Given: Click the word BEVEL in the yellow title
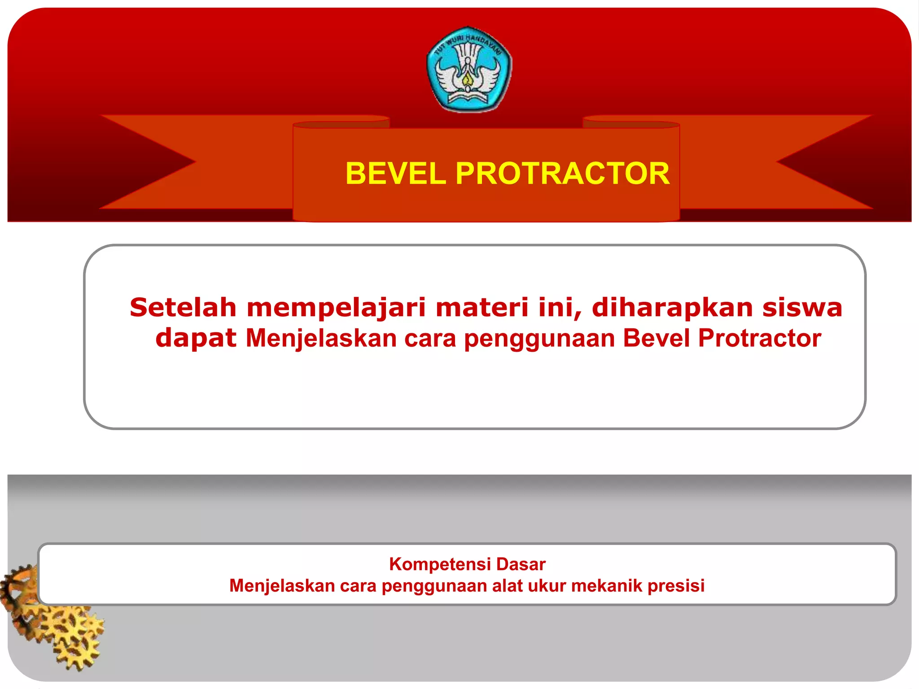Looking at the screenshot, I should click(395, 174).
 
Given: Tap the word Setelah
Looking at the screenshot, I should click(183, 308).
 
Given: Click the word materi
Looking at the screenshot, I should click(482, 308).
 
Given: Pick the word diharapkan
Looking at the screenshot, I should click(672, 309).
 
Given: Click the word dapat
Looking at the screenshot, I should click(196, 339).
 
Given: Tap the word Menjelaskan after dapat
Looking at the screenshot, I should click(321, 339).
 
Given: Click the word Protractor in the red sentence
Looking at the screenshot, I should click(760, 338).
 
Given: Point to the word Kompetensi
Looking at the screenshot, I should click(440, 564).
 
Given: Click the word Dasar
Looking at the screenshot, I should click(521, 564).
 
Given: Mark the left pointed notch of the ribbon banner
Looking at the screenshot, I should click(195, 162).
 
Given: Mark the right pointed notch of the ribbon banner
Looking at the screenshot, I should click(778, 162).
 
